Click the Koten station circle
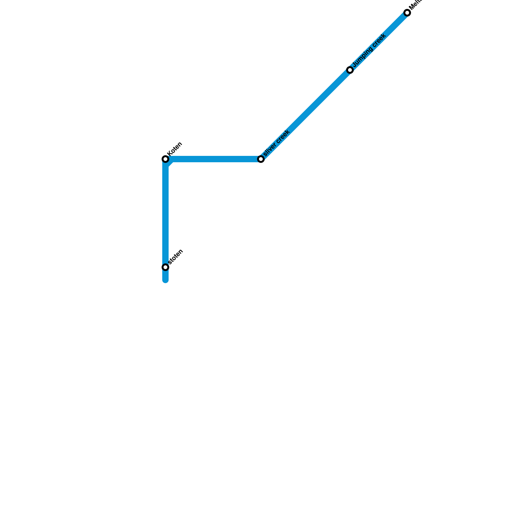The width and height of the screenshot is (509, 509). coord(165,159)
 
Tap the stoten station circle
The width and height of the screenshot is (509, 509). coord(165,267)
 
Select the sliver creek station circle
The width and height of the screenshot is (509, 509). coord(261,159)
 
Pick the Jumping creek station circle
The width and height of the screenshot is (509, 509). coord(350,70)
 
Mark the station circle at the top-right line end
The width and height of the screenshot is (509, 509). coord(407,13)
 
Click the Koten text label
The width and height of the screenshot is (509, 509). coord(175,149)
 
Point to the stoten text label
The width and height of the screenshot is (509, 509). coord(175,257)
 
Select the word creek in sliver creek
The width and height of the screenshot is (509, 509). coord(283,136)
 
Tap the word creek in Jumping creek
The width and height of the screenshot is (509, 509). coord(380,40)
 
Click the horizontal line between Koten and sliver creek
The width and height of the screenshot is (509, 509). coord(213,159)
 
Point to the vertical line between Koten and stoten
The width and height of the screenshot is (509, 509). coord(165,213)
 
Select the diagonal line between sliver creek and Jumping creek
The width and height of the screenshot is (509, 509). coord(305,115)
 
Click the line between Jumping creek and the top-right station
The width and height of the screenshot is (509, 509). coord(379,41)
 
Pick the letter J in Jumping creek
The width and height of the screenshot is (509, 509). coord(354,65)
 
